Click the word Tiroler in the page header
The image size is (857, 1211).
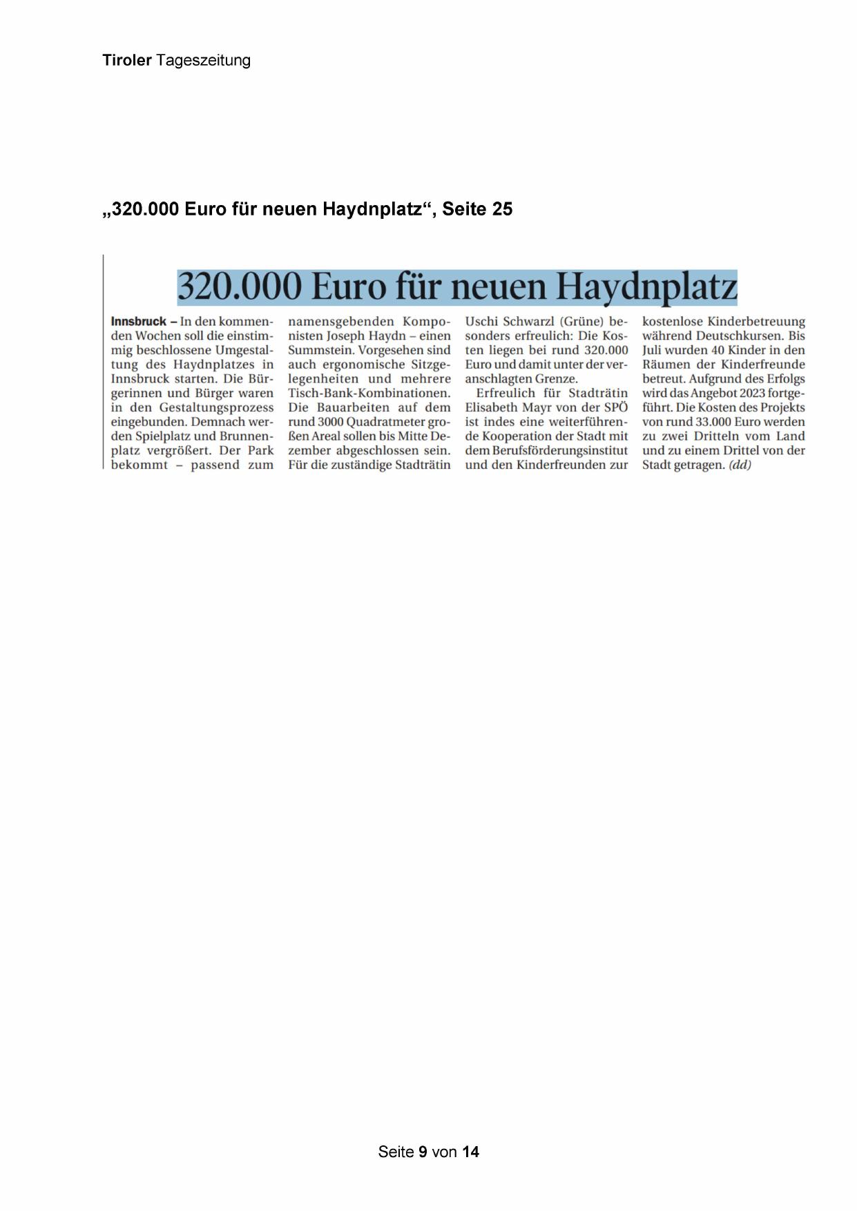[x=127, y=61]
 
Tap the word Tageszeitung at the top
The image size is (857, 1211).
[x=203, y=61]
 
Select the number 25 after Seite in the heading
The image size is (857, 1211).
[x=502, y=209]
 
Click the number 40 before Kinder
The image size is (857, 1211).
[x=718, y=351]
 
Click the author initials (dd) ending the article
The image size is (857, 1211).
[x=740, y=465]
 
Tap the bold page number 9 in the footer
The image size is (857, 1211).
[x=423, y=1152]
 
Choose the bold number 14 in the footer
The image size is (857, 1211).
[x=470, y=1152]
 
